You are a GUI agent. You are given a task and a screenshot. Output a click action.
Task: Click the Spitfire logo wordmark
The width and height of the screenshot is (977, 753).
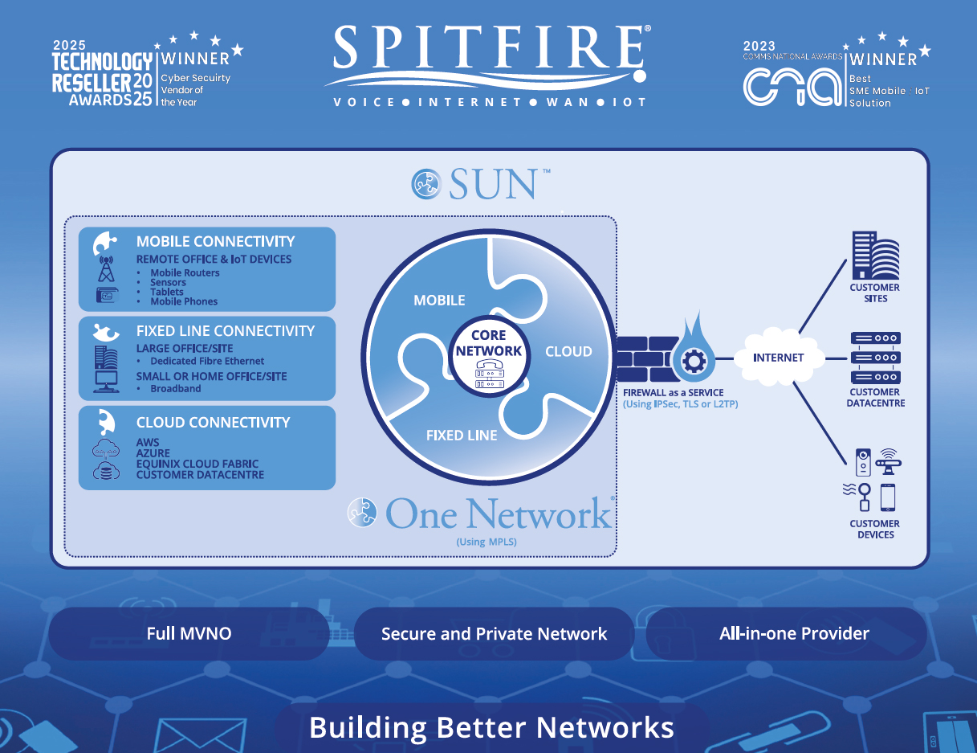(x=487, y=50)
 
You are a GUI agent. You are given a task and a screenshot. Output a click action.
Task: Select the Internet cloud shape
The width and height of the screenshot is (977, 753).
(x=778, y=357)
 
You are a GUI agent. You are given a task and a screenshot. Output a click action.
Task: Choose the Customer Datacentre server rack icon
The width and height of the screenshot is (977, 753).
(x=875, y=358)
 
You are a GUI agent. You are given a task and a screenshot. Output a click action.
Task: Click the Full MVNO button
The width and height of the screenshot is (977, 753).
(x=189, y=633)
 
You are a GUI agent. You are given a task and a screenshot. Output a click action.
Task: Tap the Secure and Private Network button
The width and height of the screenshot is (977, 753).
(x=494, y=633)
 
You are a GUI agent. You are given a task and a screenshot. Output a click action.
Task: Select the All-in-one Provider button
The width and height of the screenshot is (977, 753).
(x=794, y=633)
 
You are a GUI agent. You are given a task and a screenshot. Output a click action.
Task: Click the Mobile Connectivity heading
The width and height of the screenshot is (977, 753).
(x=215, y=241)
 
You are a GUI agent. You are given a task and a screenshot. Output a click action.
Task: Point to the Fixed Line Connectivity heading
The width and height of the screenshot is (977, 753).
(x=226, y=330)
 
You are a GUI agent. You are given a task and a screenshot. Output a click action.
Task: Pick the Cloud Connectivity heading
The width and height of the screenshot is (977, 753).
(x=213, y=422)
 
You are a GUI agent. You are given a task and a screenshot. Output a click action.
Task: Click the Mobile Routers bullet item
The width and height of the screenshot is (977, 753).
(x=185, y=272)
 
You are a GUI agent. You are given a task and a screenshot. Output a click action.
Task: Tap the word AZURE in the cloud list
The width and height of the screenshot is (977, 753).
(x=153, y=453)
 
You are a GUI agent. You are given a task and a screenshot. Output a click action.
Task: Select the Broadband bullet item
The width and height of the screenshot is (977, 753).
(x=176, y=388)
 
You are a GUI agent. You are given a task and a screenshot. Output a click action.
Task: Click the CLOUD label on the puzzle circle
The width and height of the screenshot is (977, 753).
(x=568, y=351)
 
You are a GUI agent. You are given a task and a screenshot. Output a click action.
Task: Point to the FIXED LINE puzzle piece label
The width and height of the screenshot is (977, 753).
(x=462, y=435)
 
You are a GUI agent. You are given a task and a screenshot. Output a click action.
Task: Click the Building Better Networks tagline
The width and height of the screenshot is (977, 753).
(x=491, y=727)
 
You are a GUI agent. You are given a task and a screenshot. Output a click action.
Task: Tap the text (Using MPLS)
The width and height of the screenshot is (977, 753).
(x=486, y=542)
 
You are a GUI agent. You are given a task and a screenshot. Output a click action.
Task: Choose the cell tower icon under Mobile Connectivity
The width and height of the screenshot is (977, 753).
(x=106, y=268)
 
